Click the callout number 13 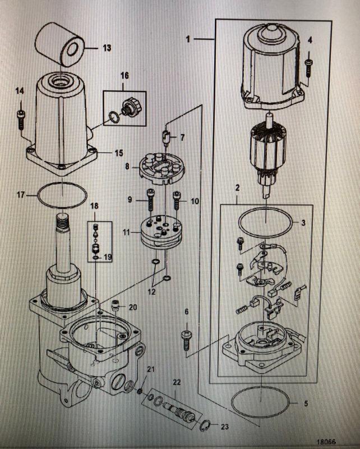[107, 48]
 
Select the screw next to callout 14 [20, 116]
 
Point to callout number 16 [124, 75]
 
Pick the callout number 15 [119, 153]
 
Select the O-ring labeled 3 [265, 223]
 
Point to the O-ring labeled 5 [262, 402]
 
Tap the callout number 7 [182, 137]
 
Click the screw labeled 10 [177, 198]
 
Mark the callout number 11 [127, 231]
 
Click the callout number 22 [177, 382]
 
